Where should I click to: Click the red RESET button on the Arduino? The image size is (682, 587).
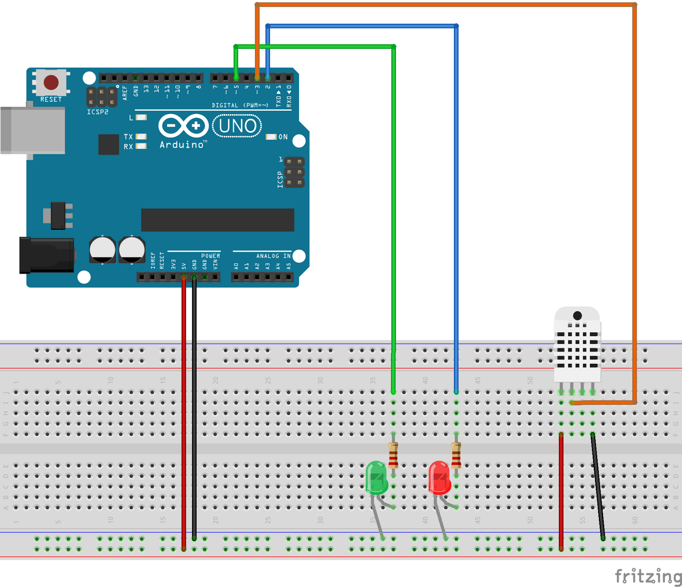click(x=51, y=82)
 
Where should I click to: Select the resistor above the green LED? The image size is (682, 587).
click(x=393, y=455)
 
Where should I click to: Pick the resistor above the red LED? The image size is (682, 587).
click(x=456, y=455)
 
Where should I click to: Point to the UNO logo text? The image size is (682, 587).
click(x=237, y=126)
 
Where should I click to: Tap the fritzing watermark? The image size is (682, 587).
click(x=648, y=576)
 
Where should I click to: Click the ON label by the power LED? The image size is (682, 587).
click(x=283, y=137)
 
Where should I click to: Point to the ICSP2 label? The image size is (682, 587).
click(x=98, y=112)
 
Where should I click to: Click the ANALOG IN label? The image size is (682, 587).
click(x=273, y=256)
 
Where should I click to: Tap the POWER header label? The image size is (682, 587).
click(x=211, y=256)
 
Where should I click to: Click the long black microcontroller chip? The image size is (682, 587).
click(x=217, y=220)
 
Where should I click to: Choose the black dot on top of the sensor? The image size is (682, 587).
click(x=577, y=316)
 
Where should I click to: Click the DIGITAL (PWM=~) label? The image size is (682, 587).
click(x=240, y=105)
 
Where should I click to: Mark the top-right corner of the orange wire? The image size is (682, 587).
click(x=634, y=5)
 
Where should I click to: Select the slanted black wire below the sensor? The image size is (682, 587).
click(x=598, y=486)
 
